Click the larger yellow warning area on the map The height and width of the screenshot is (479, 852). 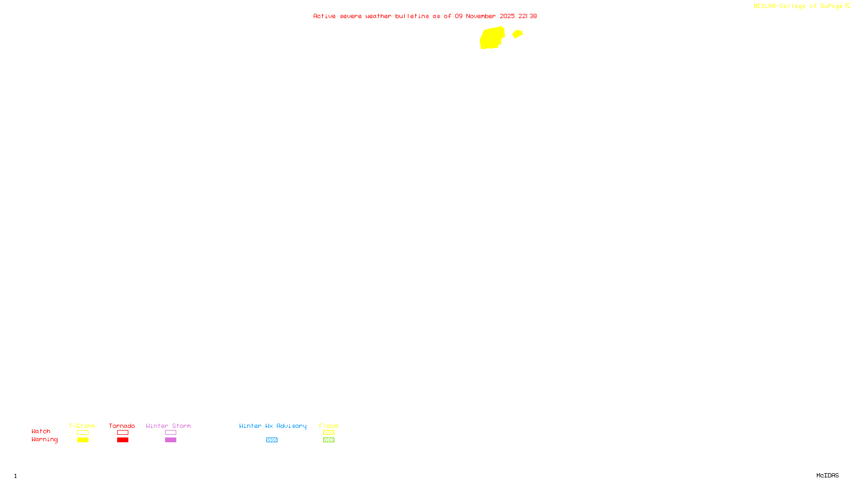[491, 38]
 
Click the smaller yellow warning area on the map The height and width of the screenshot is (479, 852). [518, 34]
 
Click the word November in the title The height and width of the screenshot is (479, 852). [481, 16]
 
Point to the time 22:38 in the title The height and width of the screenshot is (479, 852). [528, 16]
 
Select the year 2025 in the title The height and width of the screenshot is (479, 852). [507, 16]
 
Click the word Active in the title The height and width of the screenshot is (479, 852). [324, 16]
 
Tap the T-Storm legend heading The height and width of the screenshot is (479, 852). [82, 426]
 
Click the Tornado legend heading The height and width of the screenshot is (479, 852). [122, 426]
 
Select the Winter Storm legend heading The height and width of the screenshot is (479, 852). [168, 426]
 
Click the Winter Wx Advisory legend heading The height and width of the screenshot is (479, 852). [273, 426]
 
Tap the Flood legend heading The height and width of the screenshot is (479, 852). [329, 426]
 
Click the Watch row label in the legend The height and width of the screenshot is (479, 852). [41, 432]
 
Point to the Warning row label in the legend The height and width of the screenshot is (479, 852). [45, 440]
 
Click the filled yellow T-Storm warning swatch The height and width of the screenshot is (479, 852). [83, 440]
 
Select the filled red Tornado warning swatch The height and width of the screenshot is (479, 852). [122, 440]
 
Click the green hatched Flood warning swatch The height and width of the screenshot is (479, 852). [329, 440]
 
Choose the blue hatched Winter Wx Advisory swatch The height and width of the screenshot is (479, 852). [272, 440]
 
